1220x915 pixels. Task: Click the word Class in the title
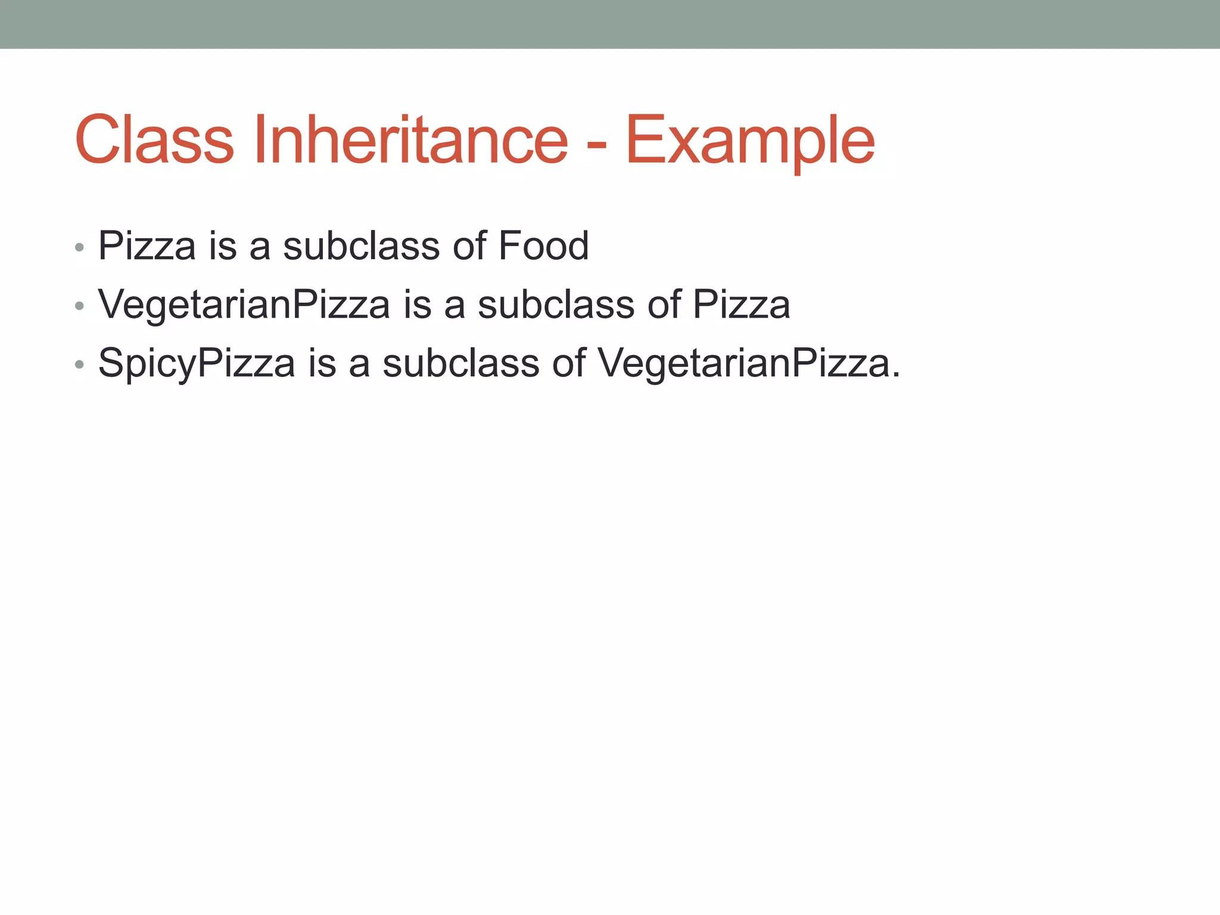(x=154, y=140)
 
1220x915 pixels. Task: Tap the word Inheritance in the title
(x=410, y=140)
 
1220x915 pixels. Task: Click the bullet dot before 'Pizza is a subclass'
(x=79, y=247)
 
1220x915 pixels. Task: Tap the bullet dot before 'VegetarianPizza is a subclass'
(x=79, y=306)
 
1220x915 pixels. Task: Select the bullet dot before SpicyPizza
(x=79, y=365)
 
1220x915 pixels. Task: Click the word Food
(x=543, y=245)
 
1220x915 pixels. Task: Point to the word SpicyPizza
(x=196, y=364)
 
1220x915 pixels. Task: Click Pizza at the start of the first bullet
(x=147, y=245)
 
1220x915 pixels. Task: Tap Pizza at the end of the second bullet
(x=741, y=304)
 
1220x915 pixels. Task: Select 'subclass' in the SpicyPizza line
(x=460, y=363)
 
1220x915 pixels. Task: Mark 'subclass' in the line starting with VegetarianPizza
(x=556, y=304)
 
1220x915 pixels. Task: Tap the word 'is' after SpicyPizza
(x=322, y=363)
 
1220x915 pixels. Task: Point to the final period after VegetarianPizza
(x=895, y=375)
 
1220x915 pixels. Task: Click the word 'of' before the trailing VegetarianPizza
(x=568, y=363)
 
